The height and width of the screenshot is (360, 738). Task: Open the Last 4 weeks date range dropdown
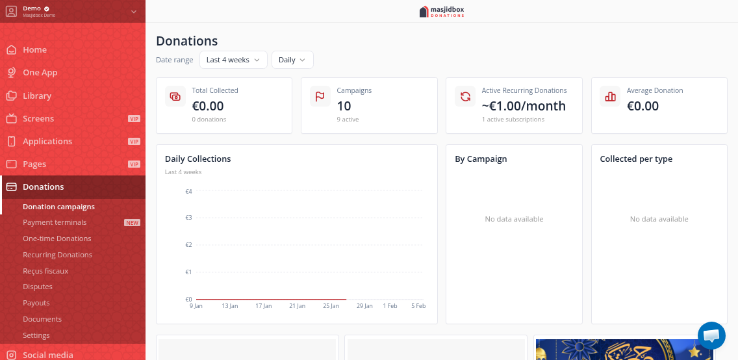(x=233, y=60)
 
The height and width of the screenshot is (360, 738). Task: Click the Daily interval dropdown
(x=292, y=60)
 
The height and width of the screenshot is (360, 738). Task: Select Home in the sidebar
(x=34, y=49)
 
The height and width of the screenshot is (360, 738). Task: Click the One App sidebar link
(x=40, y=72)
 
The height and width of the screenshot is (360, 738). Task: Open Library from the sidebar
(x=36, y=96)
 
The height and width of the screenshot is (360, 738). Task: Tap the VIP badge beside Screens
(x=134, y=119)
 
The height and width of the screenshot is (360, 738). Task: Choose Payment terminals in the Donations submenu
(x=55, y=222)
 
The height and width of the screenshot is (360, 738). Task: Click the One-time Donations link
(x=57, y=238)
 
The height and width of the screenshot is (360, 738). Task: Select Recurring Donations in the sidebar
(x=57, y=255)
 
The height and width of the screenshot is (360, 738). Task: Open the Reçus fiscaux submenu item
(x=45, y=271)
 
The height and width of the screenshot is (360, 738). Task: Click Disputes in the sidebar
(x=38, y=287)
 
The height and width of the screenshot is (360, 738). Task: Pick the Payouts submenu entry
(x=36, y=303)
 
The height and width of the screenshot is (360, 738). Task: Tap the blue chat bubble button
(x=711, y=335)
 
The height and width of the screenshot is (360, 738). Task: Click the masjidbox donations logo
(x=442, y=11)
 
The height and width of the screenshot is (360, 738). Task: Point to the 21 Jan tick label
(x=297, y=305)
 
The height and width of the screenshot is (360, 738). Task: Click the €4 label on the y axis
(x=188, y=192)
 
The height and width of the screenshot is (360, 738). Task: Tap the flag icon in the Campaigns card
(x=320, y=96)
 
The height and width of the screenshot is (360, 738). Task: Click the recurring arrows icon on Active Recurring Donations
(x=465, y=96)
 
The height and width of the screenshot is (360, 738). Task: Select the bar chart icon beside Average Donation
(x=610, y=96)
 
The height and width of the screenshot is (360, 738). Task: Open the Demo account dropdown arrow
(x=134, y=11)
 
